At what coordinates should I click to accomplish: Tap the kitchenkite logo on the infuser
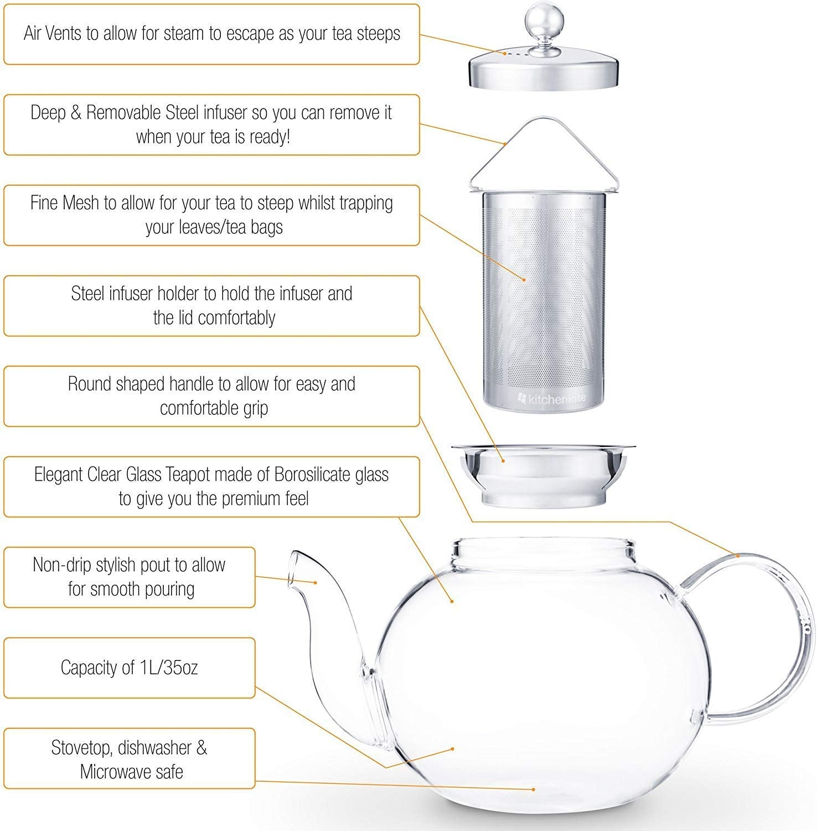(551, 397)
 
